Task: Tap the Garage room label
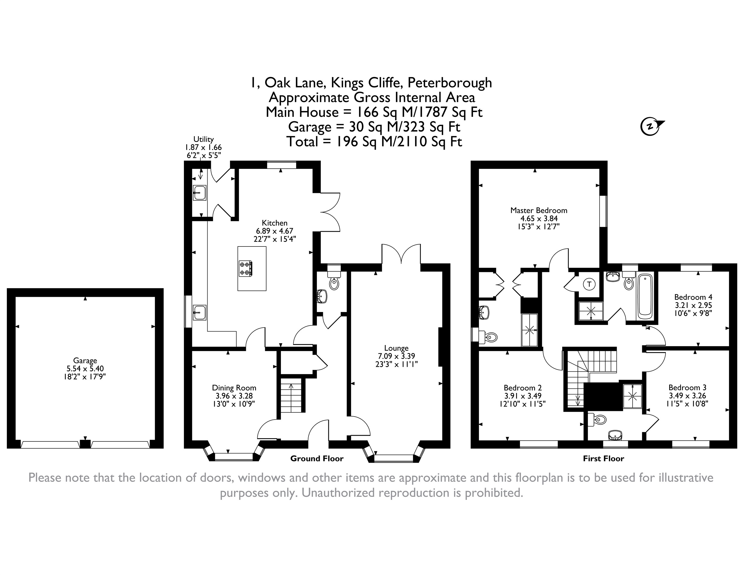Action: (x=85, y=360)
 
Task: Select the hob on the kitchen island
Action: (x=246, y=268)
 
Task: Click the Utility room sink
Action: (x=199, y=193)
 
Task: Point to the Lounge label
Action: (x=396, y=348)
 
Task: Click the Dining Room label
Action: (x=234, y=388)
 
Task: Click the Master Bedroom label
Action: (x=539, y=210)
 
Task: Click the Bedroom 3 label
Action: (x=687, y=387)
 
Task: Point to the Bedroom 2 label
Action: (x=523, y=388)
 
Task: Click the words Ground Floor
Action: (x=317, y=459)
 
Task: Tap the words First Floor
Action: (x=603, y=459)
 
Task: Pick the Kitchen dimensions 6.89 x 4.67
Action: (x=275, y=231)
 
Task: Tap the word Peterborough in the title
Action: (x=450, y=83)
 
